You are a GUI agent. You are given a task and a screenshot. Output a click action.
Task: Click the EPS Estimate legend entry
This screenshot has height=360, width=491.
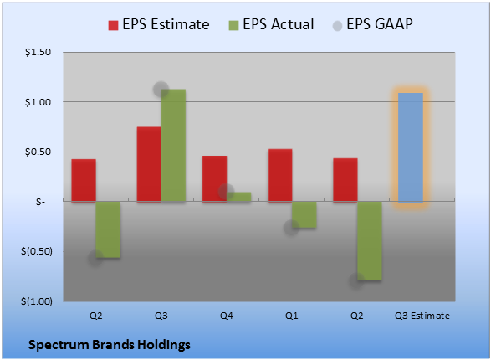pos(159,24)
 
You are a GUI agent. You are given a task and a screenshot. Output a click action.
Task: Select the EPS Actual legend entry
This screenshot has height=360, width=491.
pos(271,24)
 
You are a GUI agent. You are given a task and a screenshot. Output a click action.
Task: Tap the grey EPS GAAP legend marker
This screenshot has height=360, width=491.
pos(337,26)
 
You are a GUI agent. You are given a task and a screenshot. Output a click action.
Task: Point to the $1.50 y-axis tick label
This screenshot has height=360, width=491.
pos(38,52)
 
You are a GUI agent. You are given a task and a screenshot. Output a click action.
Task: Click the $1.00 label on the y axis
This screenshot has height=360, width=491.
pos(38,102)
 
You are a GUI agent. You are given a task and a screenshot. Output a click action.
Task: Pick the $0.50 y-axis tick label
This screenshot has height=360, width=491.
pos(38,152)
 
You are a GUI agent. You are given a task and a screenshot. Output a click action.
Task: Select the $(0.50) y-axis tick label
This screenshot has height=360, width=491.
pos(37,251)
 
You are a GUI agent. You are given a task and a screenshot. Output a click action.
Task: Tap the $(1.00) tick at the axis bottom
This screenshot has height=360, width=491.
pos(37,301)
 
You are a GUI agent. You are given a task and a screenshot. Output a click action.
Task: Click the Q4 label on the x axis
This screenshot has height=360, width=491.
pos(227,316)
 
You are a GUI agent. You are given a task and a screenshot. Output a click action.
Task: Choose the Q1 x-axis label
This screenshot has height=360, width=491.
pos(292,316)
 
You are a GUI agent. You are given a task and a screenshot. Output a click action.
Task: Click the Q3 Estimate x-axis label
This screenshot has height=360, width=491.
pos(422,316)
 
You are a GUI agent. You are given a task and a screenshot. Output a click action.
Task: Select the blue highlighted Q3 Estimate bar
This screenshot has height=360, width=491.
pos(411,147)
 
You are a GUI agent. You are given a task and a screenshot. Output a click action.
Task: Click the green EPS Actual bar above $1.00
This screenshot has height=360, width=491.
pos(173,146)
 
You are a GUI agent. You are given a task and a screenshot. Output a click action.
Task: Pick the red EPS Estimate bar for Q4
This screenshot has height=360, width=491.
pos(214,178)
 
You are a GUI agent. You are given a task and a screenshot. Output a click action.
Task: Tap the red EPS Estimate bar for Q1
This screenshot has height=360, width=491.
pos(280,175)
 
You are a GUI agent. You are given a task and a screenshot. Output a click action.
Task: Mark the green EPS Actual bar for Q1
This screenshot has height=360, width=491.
pos(304,214)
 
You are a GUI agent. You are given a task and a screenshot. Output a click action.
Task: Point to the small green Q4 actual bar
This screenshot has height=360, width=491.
pos(239,197)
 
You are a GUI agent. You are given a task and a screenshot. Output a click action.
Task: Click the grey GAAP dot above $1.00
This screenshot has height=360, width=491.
pos(161,90)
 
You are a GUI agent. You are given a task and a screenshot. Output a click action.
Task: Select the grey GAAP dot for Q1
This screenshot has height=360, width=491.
pos(291,228)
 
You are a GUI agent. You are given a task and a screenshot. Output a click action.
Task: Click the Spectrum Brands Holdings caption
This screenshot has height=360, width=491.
pos(110,345)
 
